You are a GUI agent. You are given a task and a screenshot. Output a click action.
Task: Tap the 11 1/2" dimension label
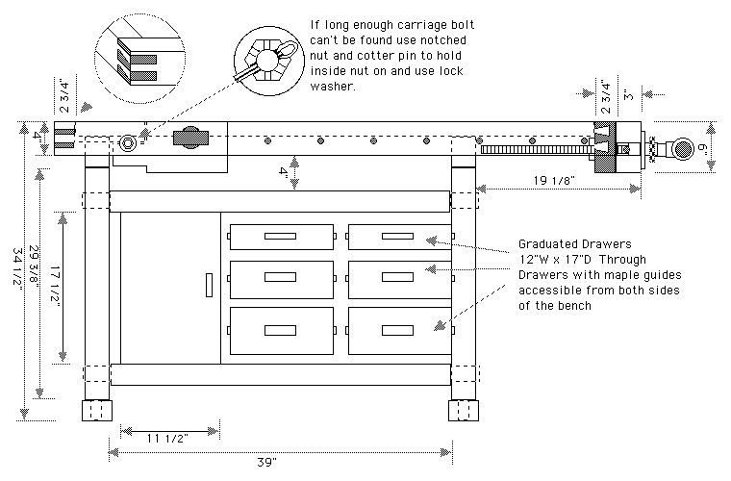point(166,439)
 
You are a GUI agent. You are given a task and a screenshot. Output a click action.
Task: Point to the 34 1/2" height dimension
point(18,279)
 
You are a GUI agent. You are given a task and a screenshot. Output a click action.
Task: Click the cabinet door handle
point(208,285)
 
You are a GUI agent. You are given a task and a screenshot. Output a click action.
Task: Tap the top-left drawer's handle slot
point(282,236)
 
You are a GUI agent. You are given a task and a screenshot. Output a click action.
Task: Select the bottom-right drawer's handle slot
point(399,329)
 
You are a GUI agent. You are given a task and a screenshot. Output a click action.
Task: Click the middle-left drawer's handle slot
point(282,280)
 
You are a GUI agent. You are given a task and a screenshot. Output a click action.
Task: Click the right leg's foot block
point(464,411)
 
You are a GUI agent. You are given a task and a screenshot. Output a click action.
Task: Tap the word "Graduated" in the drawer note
point(549,244)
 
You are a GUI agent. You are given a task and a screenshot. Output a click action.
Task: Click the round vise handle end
point(681,148)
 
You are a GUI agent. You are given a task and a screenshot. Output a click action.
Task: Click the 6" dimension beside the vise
point(704,150)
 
